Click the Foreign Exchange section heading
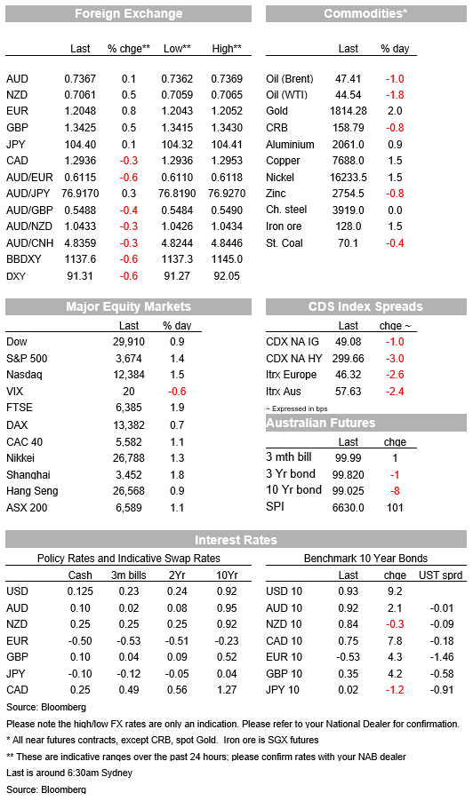pos(128,14)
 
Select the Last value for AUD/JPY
pos(80,194)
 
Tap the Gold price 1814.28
pos(349,111)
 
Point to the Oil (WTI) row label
pos(287,95)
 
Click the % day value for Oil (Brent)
pos(395,79)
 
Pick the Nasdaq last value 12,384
pos(129,375)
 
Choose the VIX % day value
pos(177,392)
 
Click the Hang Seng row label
pos(32,491)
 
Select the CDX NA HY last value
pos(349,359)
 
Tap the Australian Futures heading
pos(321,423)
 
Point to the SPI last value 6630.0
pos(349,508)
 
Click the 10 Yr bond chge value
pos(395,491)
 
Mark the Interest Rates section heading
pos(236,540)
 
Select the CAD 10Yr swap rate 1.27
pos(227,690)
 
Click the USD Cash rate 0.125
pos(80,591)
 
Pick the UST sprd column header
pos(441,575)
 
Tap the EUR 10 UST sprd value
pos(442,657)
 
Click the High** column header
pos(227,49)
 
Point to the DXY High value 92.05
pos(227,276)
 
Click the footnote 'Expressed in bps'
pos(297,408)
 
